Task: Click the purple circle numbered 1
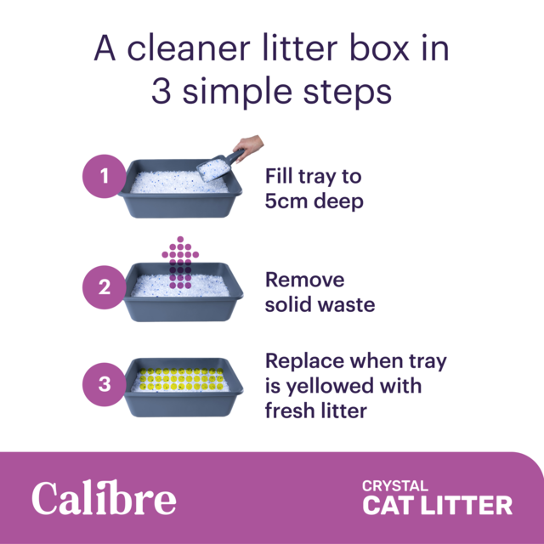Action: pos(105,177)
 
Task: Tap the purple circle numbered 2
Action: pos(105,287)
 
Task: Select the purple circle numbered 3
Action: pos(105,383)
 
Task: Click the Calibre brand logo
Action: pos(104,498)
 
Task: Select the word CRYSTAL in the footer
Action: pos(394,486)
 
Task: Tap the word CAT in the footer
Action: pos(388,506)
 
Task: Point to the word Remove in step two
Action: pos(304,280)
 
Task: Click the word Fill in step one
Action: pos(279,177)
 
